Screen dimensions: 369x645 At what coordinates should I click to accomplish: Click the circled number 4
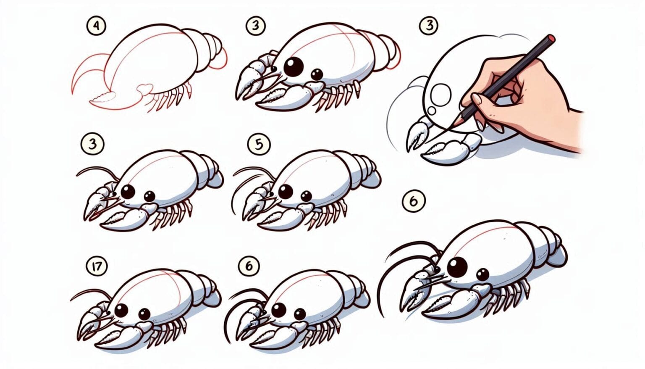(96, 26)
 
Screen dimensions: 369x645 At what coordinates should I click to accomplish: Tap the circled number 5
(258, 144)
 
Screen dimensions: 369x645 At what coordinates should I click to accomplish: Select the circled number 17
(97, 266)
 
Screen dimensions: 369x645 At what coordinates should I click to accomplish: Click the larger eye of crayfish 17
(121, 311)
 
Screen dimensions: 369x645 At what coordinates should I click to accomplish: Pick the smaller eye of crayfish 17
(144, 314)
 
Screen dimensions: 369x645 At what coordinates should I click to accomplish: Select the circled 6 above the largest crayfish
(413, 201)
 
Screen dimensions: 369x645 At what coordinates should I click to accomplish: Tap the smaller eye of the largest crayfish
(483, 275)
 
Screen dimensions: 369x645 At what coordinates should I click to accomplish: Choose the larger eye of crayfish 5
(286, 192)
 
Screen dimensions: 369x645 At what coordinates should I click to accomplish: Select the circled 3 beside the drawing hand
(428, 26)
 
